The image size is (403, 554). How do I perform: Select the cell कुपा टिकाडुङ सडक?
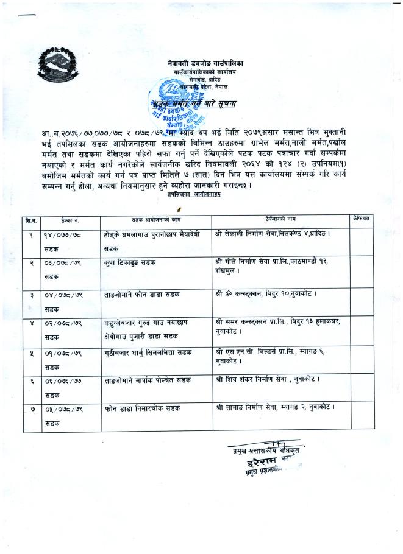[x=130, y=261]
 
